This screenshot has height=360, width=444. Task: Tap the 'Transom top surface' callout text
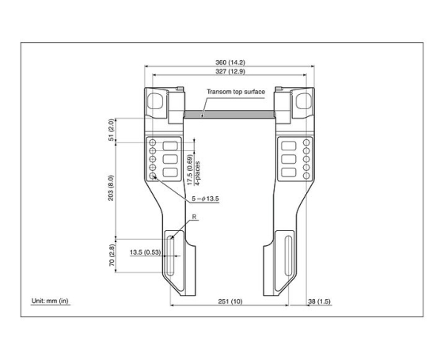click(236, 92)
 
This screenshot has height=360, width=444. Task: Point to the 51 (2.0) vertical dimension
click(112, 129)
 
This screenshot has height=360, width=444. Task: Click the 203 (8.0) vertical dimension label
click(112, 188)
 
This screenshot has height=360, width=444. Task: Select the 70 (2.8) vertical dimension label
click(112, 256)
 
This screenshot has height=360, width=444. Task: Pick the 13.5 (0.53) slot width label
click(144, 252)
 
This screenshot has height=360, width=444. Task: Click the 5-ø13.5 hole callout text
click(203, 198)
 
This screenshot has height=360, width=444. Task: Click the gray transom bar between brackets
click(230, 114)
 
